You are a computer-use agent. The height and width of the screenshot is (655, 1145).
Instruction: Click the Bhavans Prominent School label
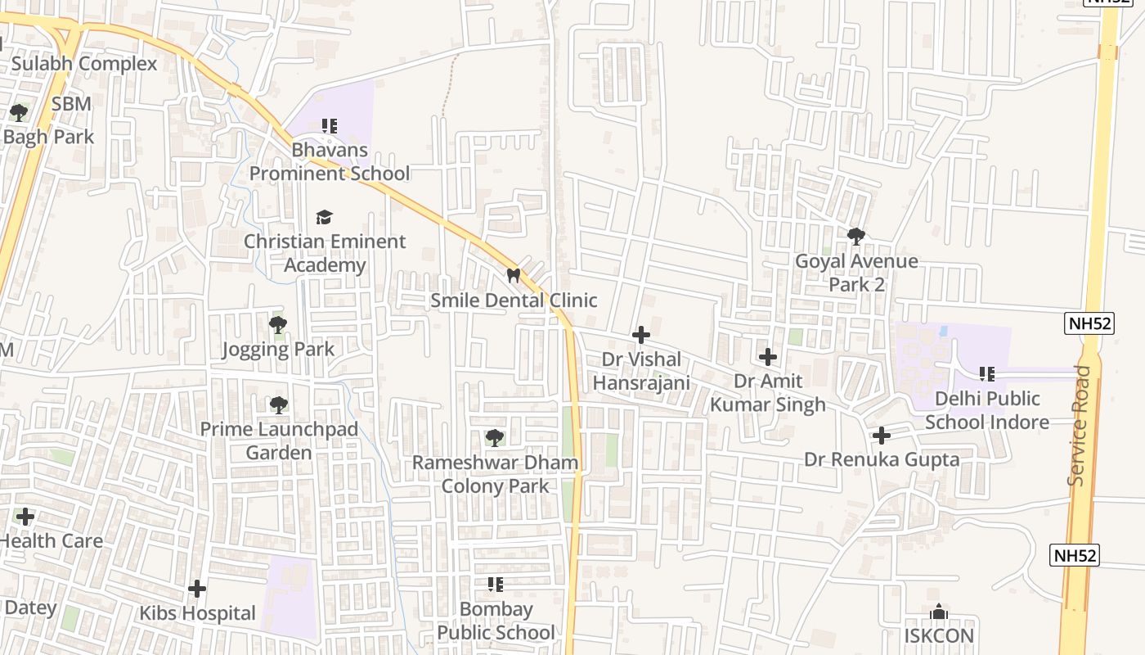tap(330, 162)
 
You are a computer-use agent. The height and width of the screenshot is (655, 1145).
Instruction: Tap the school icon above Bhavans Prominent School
tap(330, 126)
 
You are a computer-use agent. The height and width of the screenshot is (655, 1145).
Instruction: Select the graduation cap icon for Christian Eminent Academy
tap(325, 217)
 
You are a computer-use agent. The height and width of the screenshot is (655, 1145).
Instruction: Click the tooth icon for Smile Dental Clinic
tap(514, 276)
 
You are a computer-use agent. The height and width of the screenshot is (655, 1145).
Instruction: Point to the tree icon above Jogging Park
tap(278, 325)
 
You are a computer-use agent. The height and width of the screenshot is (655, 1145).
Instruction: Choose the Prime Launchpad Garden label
tap(279, 440)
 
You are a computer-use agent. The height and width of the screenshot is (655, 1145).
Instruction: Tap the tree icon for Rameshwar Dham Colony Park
tap(495, 438)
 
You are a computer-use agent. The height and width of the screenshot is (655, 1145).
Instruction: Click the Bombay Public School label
tap(496, 621)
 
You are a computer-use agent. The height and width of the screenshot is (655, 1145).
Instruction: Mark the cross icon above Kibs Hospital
tap(197, 589)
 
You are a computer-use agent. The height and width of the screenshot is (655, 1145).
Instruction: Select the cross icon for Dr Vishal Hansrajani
tap(641, 335)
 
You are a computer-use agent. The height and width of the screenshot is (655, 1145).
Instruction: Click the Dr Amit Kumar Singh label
tap(768, 392)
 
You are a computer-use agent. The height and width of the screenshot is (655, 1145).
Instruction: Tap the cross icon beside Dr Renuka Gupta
tap(881, 436)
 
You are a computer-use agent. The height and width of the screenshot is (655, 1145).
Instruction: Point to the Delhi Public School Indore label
tap(987, 410)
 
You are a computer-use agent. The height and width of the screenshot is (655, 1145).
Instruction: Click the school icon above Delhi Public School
tap(987, 374)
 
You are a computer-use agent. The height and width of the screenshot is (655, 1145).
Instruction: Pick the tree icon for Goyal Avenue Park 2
tap(856, 237)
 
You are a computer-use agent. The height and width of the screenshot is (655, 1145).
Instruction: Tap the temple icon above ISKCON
tap(939, 612)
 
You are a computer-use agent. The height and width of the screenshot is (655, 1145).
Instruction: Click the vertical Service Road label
tap(1080, 426)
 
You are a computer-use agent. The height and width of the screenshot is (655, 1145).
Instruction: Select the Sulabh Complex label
tap(84, 64)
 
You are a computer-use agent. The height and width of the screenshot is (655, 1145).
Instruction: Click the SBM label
tap(71, 104)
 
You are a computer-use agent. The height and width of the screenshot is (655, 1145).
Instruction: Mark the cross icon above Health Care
tap(25, 517)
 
